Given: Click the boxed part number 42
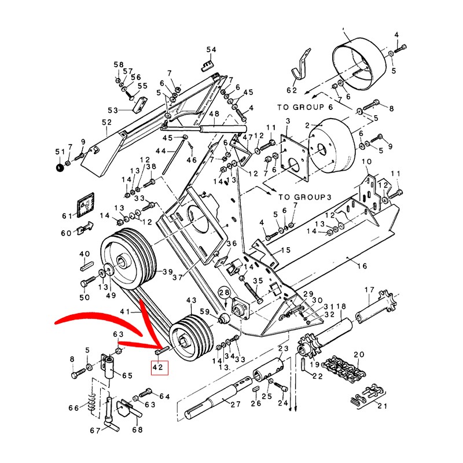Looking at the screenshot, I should (x=159, y=367).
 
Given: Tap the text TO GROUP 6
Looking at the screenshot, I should (x=305, y=107).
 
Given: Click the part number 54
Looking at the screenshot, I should (x=211, y=50).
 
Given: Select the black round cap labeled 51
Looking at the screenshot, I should (x=58, y=168).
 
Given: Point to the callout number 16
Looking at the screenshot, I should (x=362, y=266).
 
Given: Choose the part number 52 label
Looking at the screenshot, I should (x=106, y=123).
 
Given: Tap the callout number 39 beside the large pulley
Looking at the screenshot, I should (x=168, y=273).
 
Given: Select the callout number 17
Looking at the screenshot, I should (x=369, y=290).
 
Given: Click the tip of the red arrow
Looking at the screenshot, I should (x=157, y=349).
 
